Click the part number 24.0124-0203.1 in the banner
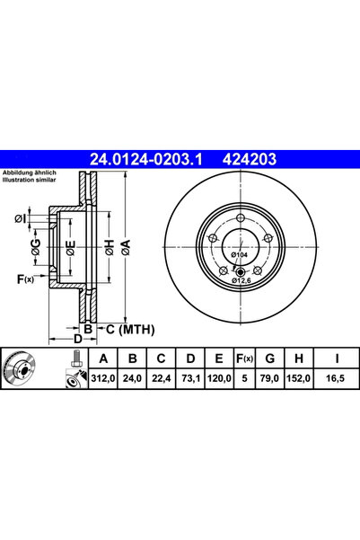[147, 159]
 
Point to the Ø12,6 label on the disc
[241, 280]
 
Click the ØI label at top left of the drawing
[20, 217]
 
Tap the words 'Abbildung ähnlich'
[29, 172]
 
